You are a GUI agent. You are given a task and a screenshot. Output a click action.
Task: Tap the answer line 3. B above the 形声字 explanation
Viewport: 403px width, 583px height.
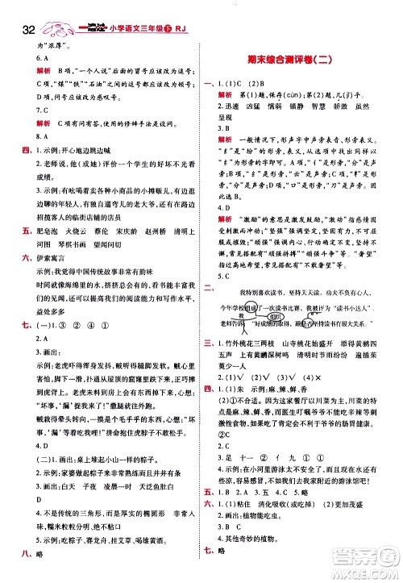(x=222, y=127)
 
